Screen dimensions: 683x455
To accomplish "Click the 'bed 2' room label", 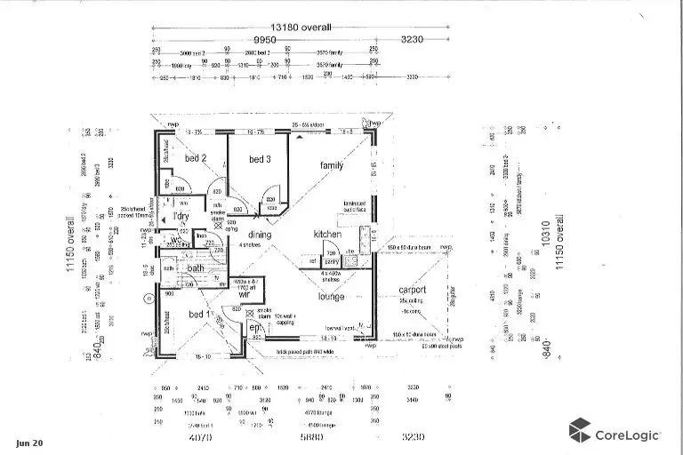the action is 196,158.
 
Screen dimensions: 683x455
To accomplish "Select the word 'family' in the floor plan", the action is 332,165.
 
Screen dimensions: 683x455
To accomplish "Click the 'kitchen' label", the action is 327,234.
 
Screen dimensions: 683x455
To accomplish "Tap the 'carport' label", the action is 411,290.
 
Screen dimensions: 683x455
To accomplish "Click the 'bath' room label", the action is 196,267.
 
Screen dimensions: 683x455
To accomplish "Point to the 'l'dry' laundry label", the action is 181,216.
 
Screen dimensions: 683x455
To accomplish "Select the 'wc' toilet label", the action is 177,240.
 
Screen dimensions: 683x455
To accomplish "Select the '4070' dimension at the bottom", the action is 200,438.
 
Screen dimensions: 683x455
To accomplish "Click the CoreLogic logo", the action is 614,435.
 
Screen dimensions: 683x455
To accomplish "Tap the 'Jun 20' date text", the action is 28,443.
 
